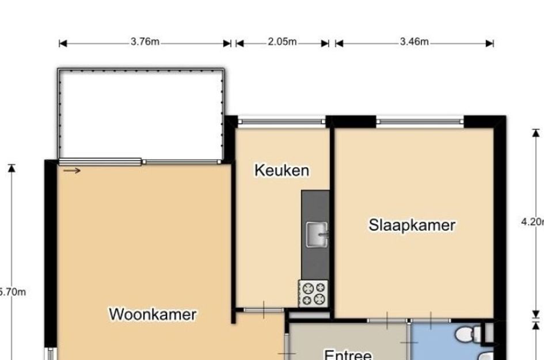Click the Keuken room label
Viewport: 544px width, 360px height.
point(281,170)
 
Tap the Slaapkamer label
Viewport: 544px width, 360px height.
point(412,225)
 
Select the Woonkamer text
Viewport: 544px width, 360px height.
point(153,314)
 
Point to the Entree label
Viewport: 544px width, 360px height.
point(347,354)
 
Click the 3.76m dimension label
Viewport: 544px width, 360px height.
point(145,42)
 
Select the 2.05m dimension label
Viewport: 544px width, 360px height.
point(282,42)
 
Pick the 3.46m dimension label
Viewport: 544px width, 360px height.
point(414,42)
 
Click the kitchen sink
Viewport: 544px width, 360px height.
point(316,234)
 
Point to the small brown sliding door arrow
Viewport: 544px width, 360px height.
point(72,170)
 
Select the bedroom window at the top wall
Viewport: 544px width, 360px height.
point(420,122)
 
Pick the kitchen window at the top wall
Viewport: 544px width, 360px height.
point(281,122)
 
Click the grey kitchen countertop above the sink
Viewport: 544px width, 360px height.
point(315,205)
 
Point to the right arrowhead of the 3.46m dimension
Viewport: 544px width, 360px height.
point(490,43)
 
